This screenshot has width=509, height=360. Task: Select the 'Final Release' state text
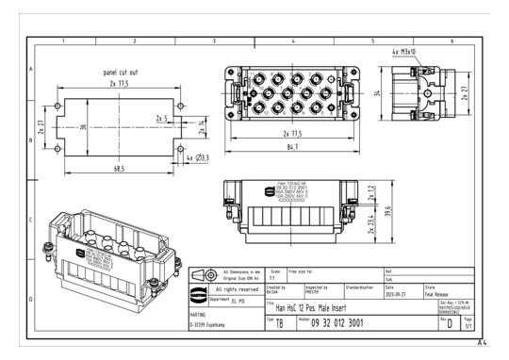pos(441,292)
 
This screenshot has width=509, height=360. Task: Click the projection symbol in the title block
pos(201,274)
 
